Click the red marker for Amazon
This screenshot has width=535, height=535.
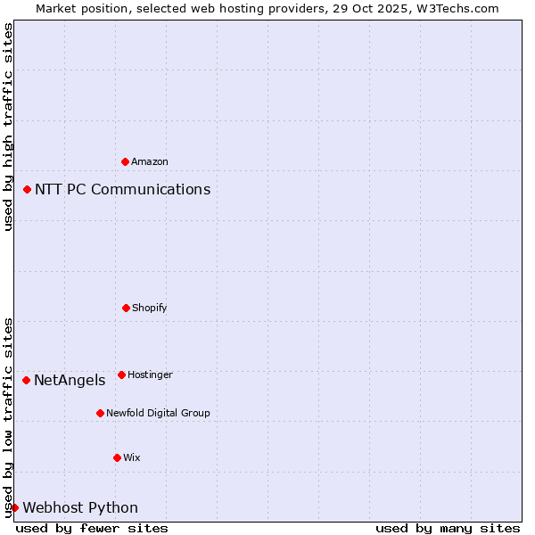click(x=125, y=161)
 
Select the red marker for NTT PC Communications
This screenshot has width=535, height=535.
click(x=28, y=189)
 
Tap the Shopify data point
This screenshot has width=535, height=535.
click(x=126, y=308)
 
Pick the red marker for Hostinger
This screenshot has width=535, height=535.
click(x=121, y=374)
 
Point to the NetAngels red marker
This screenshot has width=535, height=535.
click(x=27, y=380)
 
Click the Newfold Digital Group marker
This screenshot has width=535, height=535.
click(x=100, y=413)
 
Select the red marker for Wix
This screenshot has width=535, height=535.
click(x=117, y=457)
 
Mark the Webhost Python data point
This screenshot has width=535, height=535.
click(x=14, y=507)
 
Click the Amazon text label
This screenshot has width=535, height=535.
click(x=150, y=161)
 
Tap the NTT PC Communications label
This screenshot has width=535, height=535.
click(x=123, y=189)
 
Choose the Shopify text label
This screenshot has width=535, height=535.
click(x=150, y=308)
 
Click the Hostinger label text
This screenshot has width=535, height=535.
click(x=150, y=374)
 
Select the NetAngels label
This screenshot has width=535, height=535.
click(x=70, y=380)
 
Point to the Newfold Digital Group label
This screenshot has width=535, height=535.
click(x=158, y=413)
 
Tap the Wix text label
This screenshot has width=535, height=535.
click(x=132, y=457)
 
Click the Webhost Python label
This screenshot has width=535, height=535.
click(x=80, y=507)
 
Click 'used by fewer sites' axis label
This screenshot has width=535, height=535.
click(x=92, y=528)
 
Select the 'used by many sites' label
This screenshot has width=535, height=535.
click(x=448, y=528)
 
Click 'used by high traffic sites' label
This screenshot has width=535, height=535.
click(x=8, y=128)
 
